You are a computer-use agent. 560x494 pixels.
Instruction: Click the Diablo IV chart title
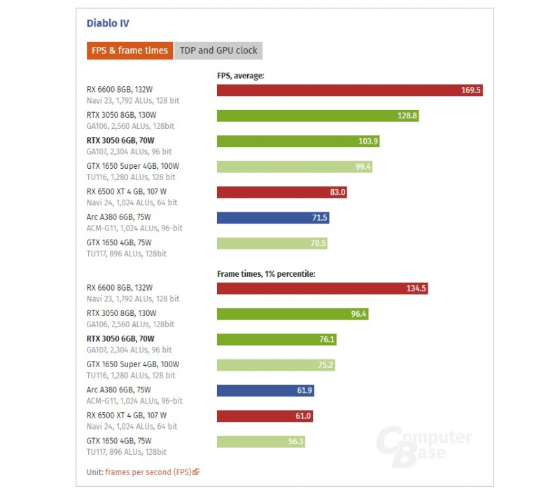[x=108, y=23]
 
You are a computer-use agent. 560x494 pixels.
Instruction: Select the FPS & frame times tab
[x=129, y=50]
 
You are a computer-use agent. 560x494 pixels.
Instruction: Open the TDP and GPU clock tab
[x=218, y=50]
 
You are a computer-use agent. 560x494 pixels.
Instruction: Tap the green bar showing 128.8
[x=318, y=116]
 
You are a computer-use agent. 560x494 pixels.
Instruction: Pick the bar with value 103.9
[x=298, y=141]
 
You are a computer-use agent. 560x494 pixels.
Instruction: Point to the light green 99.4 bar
[x=295, y=167]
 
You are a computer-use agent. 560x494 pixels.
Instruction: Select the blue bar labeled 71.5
[x=273, y=218]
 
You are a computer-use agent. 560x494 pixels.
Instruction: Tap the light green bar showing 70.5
[x=272, y=243]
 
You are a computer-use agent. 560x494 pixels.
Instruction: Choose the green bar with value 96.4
[x=293, y=314]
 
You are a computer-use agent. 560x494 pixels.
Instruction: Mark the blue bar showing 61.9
[x=265, y=390]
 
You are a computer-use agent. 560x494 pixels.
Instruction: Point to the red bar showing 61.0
[x=265, y=416]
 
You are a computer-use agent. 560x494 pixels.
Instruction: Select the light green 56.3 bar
[x=261, y=441]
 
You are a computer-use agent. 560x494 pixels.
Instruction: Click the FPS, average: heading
[x=240, y=75]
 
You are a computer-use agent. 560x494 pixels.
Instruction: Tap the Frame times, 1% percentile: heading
[x=266, y=273]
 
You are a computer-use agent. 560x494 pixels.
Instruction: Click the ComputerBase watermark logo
[x=424, y=445]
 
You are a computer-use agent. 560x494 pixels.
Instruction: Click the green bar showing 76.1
[x=277, y=339]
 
